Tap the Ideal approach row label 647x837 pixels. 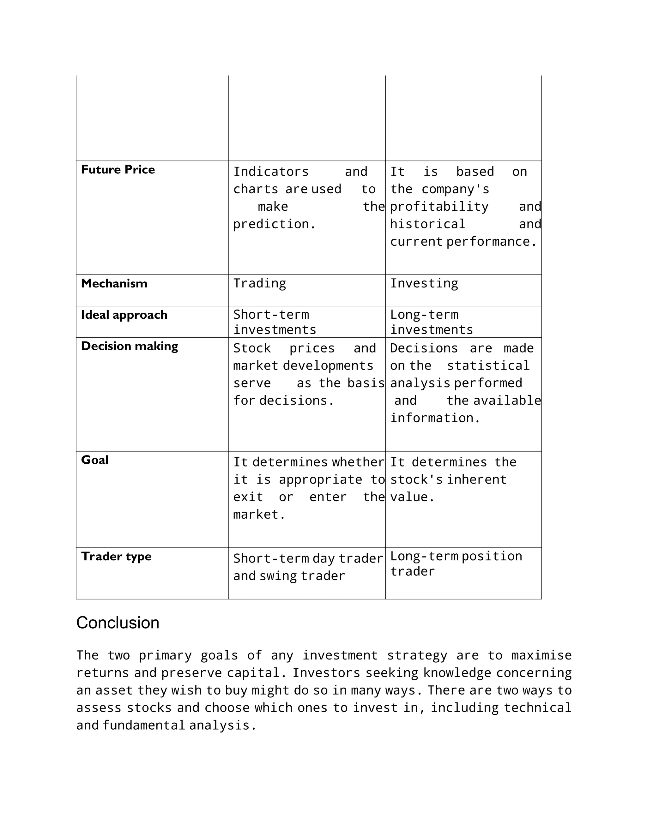[x=124, y=315]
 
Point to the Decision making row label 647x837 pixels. [x=129, y=346]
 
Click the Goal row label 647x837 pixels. [x=95, y=460]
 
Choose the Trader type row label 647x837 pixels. [x=116, y=556]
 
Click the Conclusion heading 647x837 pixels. [x=118, y=623]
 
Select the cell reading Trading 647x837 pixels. [x=259, y=283]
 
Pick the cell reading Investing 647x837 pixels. [x=424, y=283]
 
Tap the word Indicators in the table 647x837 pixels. [x=271, y=172]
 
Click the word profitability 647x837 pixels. [x=439, y=207]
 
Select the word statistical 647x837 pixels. [x=488, y=366]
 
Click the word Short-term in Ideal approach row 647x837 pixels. [x=271, y=315]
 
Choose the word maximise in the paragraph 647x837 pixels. [x=541, y=655]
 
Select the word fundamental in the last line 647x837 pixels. [x=144, y=726]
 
